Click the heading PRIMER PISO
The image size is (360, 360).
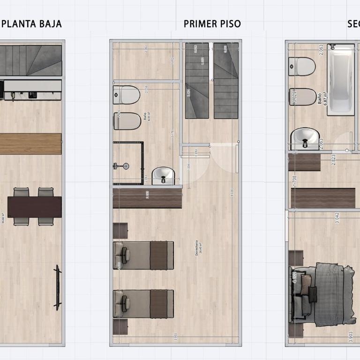(x=212, y=24)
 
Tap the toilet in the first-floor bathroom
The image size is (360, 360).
(x=127, y=95)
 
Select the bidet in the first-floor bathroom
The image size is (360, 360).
(x=127, y=121)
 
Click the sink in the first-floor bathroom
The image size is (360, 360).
(x=163, y=176)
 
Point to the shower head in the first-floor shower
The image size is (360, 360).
(x=123, y=166)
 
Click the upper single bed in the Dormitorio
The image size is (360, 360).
(x=143, y=255)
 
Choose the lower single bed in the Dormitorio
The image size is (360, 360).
(x=143, y=304)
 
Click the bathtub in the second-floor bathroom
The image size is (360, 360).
(x=340, y=80)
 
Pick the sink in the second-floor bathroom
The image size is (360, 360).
(x=305, y=139)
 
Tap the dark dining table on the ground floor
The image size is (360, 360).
(x=34, y=207)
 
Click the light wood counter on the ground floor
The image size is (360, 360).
(x=30, y=143)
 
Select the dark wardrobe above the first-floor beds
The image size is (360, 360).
(x=147, y=198)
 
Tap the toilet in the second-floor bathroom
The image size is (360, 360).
(x=302, y=66)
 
